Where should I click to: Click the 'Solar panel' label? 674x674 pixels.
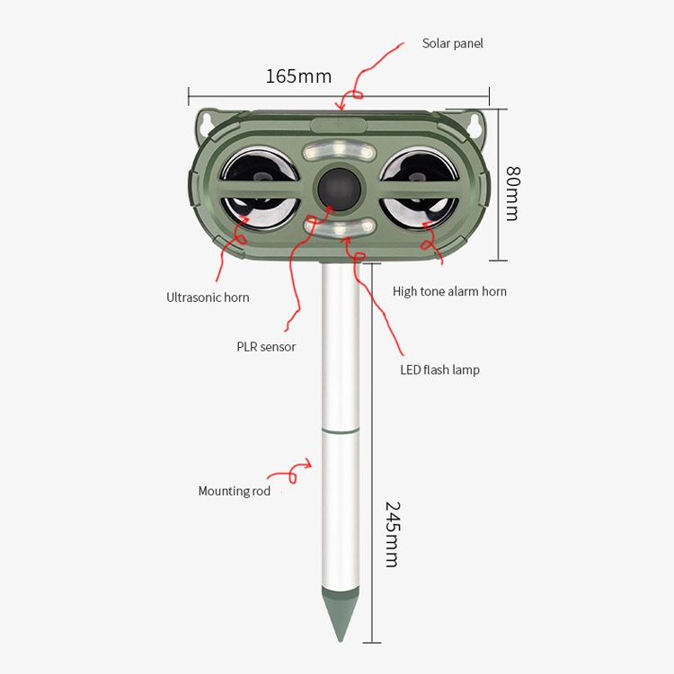click(x=452, y=43)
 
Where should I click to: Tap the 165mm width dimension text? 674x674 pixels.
click(x=298, y=75)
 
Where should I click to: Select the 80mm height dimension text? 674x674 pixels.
click(x=512, y=193)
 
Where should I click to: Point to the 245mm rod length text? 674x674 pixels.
click(x=391, y=534)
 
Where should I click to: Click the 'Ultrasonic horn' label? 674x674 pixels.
click(x=208, y=297)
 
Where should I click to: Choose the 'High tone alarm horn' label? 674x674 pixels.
click(x=449, y=291)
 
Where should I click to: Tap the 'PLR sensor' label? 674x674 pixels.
click(x=266, y=347)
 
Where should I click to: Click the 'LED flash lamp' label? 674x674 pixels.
click(x=439, y=369)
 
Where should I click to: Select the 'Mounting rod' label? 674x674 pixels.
click(x=234, y=491)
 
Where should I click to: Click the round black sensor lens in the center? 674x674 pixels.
click(x=338, y=187)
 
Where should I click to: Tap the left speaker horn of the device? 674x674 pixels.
click(x=260, y=187)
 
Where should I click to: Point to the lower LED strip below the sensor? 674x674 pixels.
click(x=339, y=229)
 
